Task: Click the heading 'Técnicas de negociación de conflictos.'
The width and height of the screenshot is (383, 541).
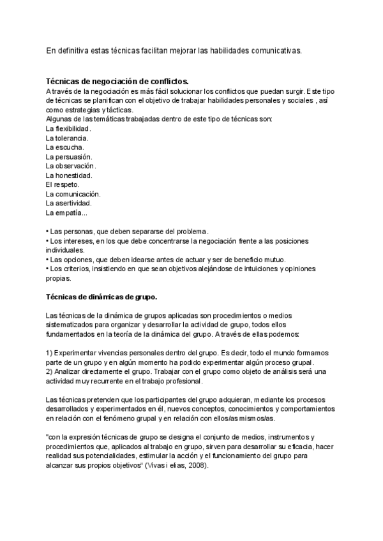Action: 117,82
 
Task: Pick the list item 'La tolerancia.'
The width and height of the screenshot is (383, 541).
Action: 67,138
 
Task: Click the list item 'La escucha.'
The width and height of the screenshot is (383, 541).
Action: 64,147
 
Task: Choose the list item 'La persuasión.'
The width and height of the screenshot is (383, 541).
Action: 69,157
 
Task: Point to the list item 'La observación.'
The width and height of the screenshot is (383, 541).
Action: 70,166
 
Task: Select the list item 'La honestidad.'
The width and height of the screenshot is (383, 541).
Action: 68,175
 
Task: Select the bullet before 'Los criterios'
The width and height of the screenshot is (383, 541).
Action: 48,269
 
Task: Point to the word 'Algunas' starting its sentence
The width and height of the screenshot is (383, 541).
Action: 59,119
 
